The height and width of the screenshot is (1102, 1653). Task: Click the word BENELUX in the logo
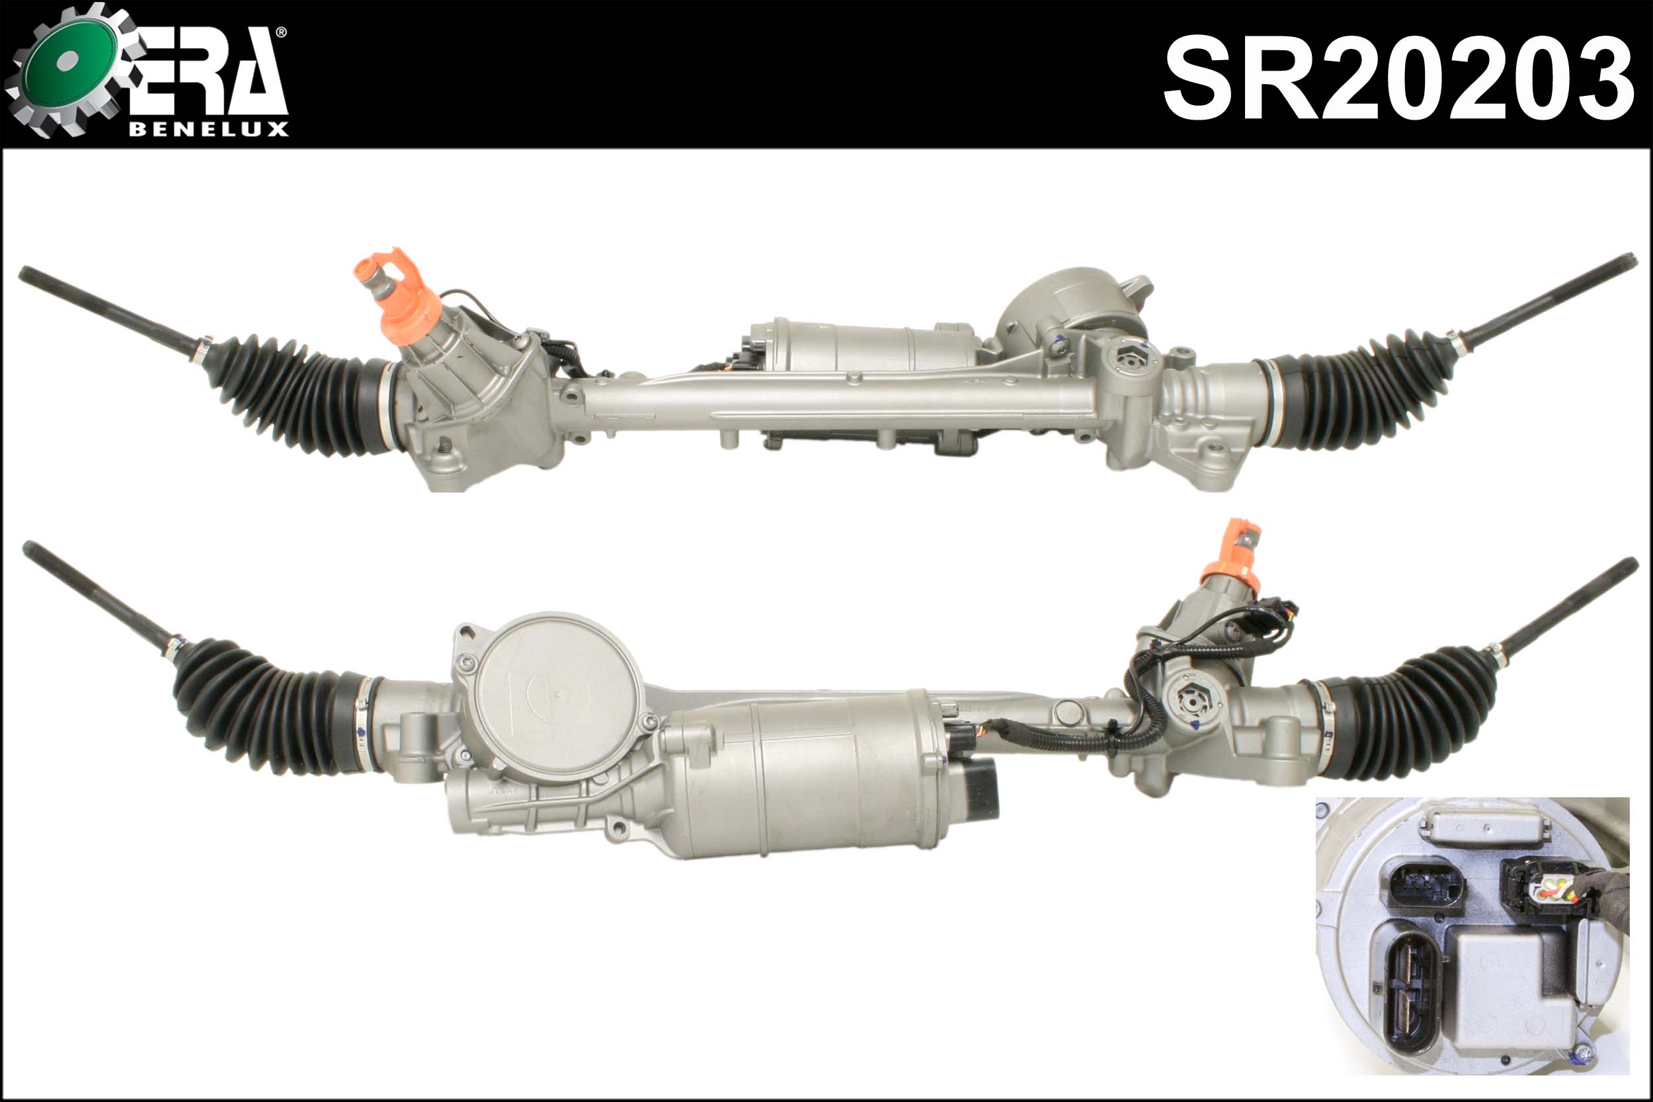pyautogui.click(x=209, y=129)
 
